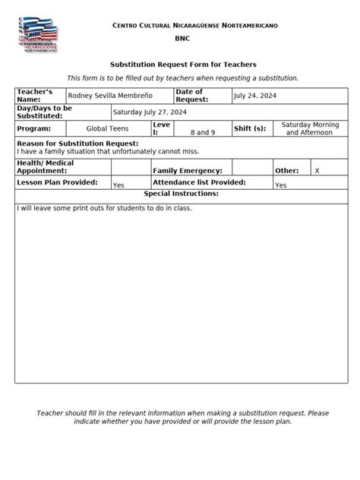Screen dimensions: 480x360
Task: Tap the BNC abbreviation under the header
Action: [183, 37]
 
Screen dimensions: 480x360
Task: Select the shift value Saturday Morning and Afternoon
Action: [310, 128]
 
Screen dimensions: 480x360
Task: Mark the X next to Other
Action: [317, 172]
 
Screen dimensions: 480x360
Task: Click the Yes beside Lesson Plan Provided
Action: [118, 185]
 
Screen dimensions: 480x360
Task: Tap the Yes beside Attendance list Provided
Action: [280, 185]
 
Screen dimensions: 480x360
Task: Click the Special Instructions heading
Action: [181, 194]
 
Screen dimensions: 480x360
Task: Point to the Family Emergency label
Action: [188, 172]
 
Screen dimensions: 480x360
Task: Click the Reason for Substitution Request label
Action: [77, 143]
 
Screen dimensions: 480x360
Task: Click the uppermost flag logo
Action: [41, 26]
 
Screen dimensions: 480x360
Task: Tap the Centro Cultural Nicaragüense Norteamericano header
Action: [194, 26]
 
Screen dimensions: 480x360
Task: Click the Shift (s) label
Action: [250, 129]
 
